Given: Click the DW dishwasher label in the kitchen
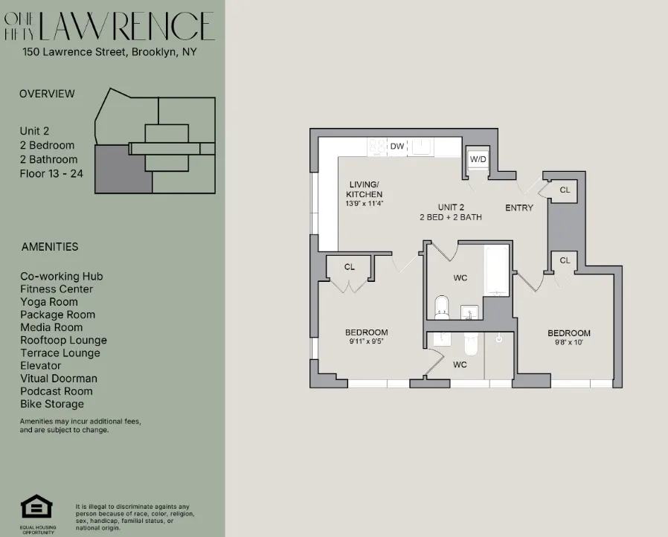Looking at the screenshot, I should [x=397, y=147].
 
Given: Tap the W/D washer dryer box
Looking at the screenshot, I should [x=477, y=159].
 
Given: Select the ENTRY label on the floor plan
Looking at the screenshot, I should [x=518, y=208].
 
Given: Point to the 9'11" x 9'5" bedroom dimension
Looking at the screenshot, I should [x=366, y=342].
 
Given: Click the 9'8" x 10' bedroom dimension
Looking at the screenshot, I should [x=569, y=343].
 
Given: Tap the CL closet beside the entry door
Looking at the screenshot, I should [x=565, y=190].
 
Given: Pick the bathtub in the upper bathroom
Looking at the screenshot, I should [x=497, y=271].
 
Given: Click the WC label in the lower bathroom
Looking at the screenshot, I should [x=460, y=365].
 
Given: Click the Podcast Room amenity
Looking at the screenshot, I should [x=57, y=391].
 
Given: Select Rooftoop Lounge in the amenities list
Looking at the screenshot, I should [x=63, y=340].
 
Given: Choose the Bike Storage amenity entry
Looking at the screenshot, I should [x=52, y=404].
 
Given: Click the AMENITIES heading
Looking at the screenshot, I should [x=49, y=246].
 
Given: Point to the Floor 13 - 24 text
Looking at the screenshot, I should [x=51, y=173].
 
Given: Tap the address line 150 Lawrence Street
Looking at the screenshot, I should [x=109, y=52].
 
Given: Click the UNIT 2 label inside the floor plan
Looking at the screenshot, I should [x=451, y=207].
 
